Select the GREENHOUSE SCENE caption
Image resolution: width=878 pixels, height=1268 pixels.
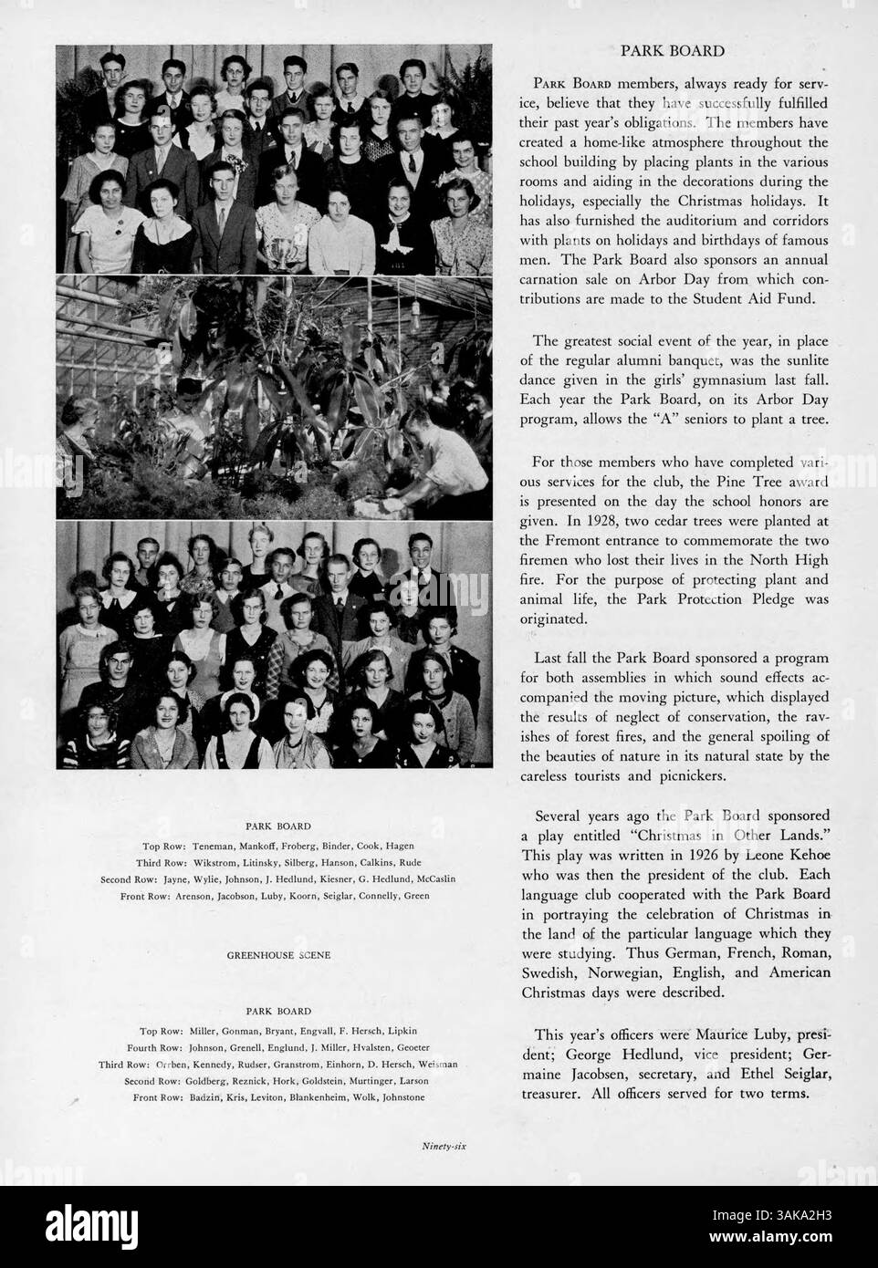click(x=278, y=955)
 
